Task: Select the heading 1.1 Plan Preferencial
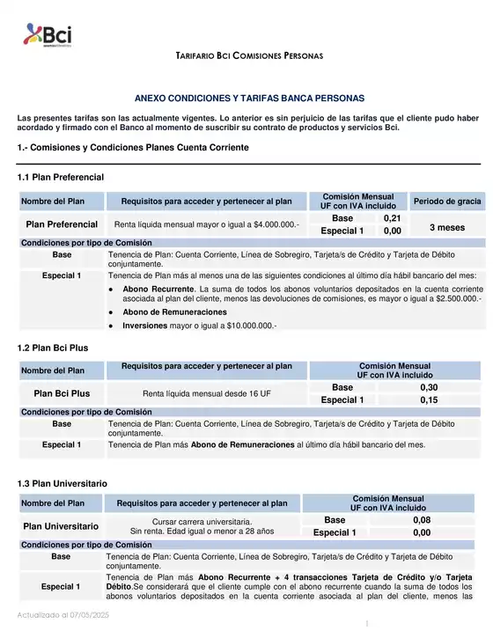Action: [x=61, y=178]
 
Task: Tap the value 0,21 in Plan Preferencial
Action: [x=393, y=218]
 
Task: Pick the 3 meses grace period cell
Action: [x=446, y=227]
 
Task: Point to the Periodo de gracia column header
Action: [x=447, y=202]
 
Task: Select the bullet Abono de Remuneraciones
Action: [x=174, y=312]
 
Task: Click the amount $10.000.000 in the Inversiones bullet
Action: [x=247, y=326]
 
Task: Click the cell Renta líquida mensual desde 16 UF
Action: [x=207, y=393]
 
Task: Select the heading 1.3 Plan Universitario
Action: [x=63, y=484]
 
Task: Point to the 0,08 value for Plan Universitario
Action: [x=422, y=520]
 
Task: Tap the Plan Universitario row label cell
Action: [x=60, y=526]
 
